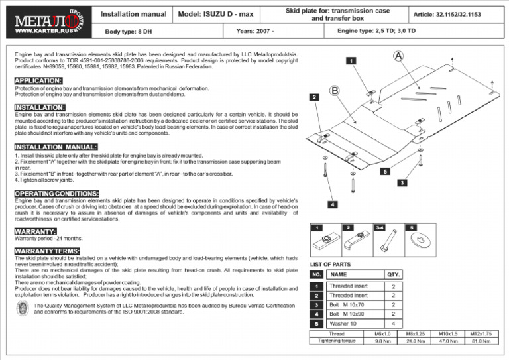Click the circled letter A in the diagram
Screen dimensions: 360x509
point(398,56)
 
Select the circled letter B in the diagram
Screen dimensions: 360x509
point(335,90)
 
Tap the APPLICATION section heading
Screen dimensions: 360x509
point(38,81)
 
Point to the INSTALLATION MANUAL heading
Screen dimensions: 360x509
point(56,147)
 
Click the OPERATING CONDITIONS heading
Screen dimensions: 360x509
point(57,193)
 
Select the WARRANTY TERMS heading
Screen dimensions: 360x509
point(47,251)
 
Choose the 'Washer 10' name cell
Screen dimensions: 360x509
point(344,323)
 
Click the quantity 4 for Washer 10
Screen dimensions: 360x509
point(393,323)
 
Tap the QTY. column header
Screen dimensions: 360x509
point(393,274)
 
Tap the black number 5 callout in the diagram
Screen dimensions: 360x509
point(384,172)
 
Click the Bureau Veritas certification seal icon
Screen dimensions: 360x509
point(22,308)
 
